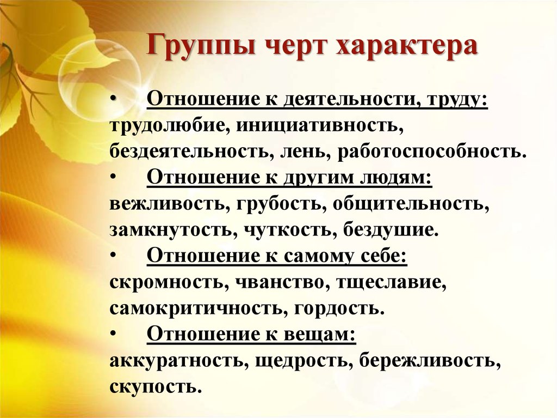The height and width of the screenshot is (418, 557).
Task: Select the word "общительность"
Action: [x=408, y=204]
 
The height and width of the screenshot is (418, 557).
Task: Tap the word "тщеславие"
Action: [x=389, y=283]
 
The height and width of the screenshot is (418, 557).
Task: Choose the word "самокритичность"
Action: [x=196, y=308]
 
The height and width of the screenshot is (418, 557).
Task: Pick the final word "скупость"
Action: [x=153, y=387]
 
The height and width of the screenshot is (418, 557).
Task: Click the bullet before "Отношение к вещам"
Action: [x=113, y=334]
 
